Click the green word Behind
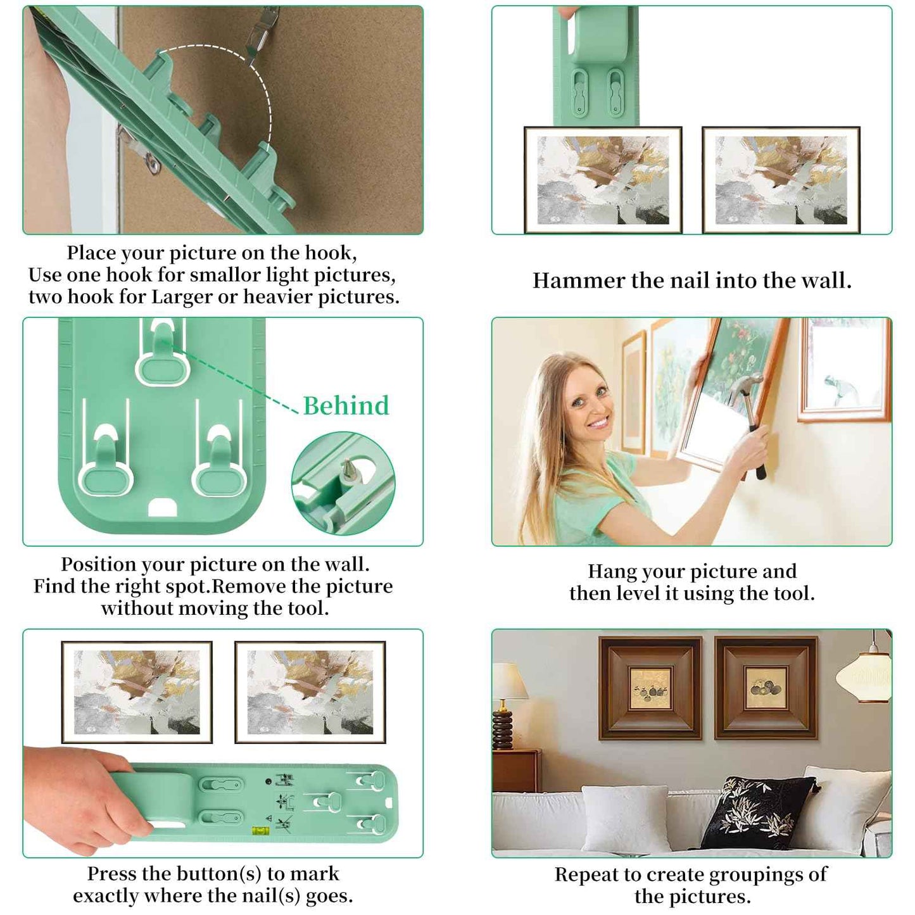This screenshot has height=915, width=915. (x=346, y=406)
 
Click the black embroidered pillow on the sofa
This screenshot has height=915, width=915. (x=759, y=813)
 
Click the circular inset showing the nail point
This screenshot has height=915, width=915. (x=343, y=483)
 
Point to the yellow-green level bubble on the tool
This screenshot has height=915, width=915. (x=260, y=829)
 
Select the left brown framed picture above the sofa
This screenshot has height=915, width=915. (x=650, y=688)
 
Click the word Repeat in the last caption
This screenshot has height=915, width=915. (x=586, y=874)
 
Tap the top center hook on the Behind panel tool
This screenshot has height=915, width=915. (x=162, y=355)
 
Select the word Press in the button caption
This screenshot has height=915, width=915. (x=111, y=874)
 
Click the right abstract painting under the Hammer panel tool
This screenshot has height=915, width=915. (x=781, y=180)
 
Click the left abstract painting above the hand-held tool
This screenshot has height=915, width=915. (x=137, y=692)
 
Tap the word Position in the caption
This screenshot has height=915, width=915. (x=98, y=564)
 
